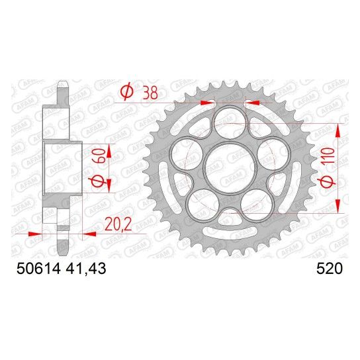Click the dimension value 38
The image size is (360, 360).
click(150, 93)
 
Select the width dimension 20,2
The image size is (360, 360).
click(118, 224)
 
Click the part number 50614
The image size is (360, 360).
click(38, 269)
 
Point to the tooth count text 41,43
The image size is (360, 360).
click(86, 269)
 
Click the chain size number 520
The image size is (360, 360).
click(330, 269)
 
